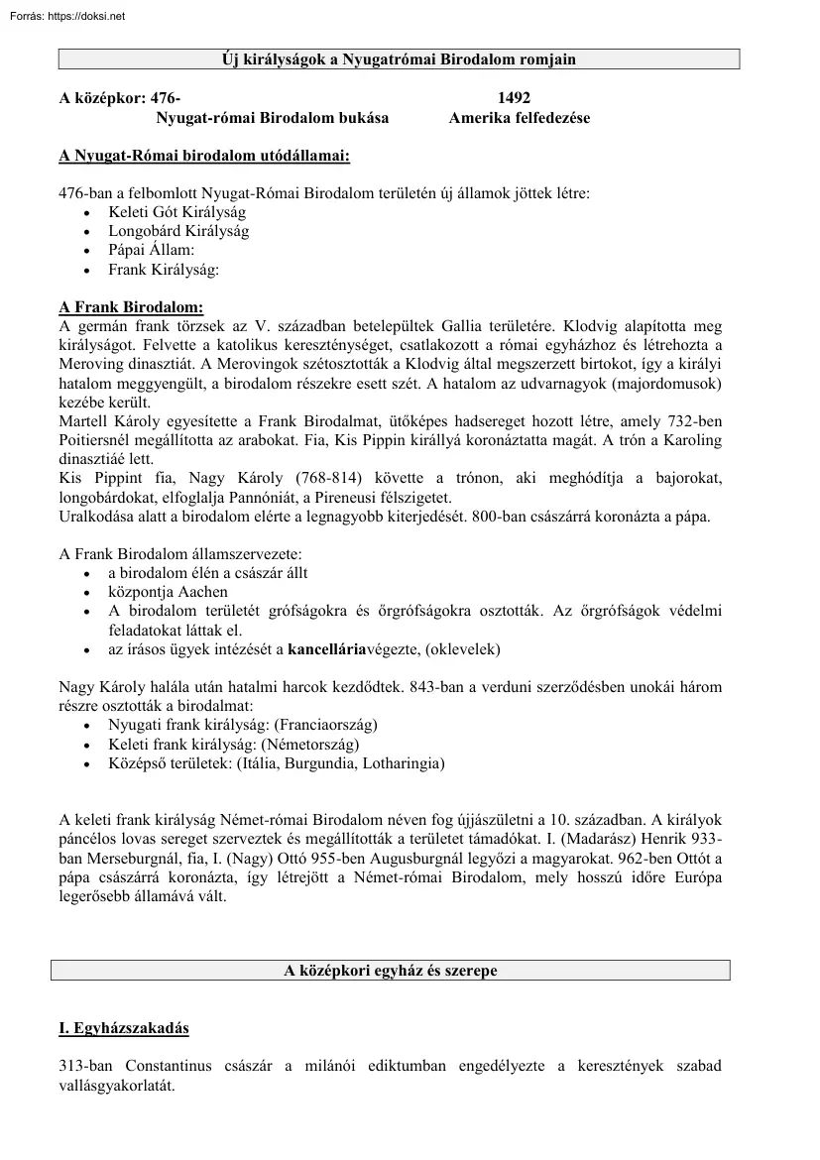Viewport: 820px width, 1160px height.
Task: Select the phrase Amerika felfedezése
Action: point(519,118)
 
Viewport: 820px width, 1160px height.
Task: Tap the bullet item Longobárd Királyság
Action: point(178,231)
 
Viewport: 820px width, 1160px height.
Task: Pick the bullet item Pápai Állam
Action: point(152,250)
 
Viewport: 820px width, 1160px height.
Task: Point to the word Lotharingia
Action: point(404,763)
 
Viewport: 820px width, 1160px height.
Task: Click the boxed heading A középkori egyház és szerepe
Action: point(391,971)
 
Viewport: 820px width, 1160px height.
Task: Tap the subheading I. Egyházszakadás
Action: point(124,1028)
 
